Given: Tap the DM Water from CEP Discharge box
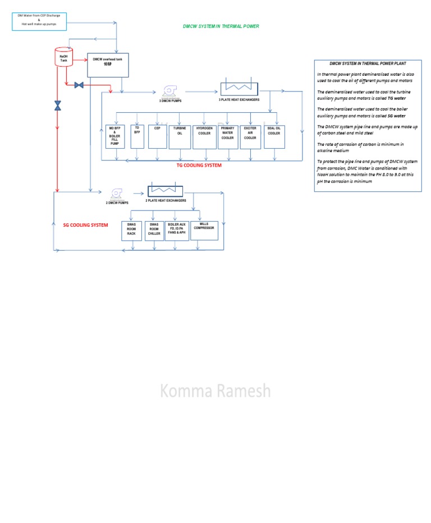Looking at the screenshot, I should (39, 21).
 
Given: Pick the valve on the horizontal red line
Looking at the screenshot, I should (79, 85).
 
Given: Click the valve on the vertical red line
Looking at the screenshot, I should (57, 105).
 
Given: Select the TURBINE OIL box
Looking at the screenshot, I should (180, 136).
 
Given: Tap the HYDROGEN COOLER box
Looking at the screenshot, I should (204, 136).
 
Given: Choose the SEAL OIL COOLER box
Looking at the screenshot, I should (274, 136).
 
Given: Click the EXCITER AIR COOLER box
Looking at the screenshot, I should (250, 136).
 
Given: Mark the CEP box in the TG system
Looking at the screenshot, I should (157, 136).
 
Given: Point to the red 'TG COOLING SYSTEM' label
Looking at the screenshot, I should (199, 166).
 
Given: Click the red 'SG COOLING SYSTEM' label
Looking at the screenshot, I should (85, 225).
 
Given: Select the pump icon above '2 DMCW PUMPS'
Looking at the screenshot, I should (117, 193).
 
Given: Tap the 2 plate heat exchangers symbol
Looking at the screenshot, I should (167, 191).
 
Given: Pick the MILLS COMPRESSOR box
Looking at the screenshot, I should (204, 231).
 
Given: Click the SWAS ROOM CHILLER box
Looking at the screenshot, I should (154, 231).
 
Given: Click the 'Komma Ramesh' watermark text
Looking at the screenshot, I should (215, 391).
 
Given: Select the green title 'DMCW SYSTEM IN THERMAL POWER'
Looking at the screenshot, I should (221, 26).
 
